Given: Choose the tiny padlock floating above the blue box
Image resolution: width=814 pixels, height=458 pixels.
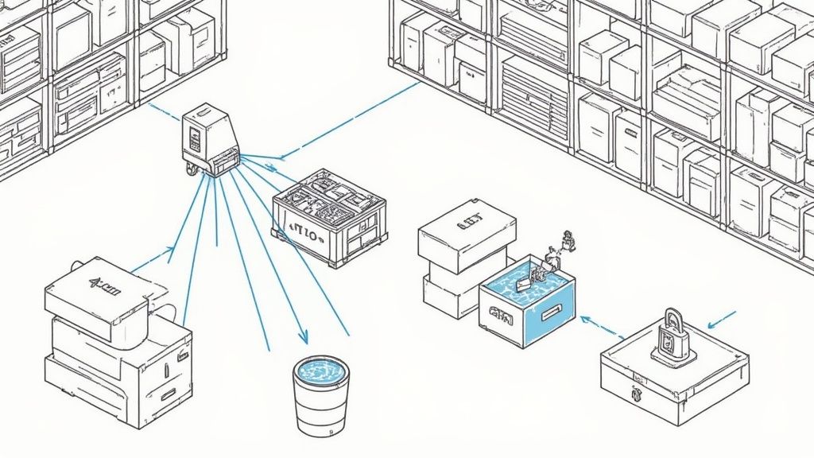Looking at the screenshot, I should point(568,239).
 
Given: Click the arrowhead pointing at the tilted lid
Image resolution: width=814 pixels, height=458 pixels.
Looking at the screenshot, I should point(169,251).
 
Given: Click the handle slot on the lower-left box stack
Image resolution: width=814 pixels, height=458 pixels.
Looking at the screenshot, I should point(169,394).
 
